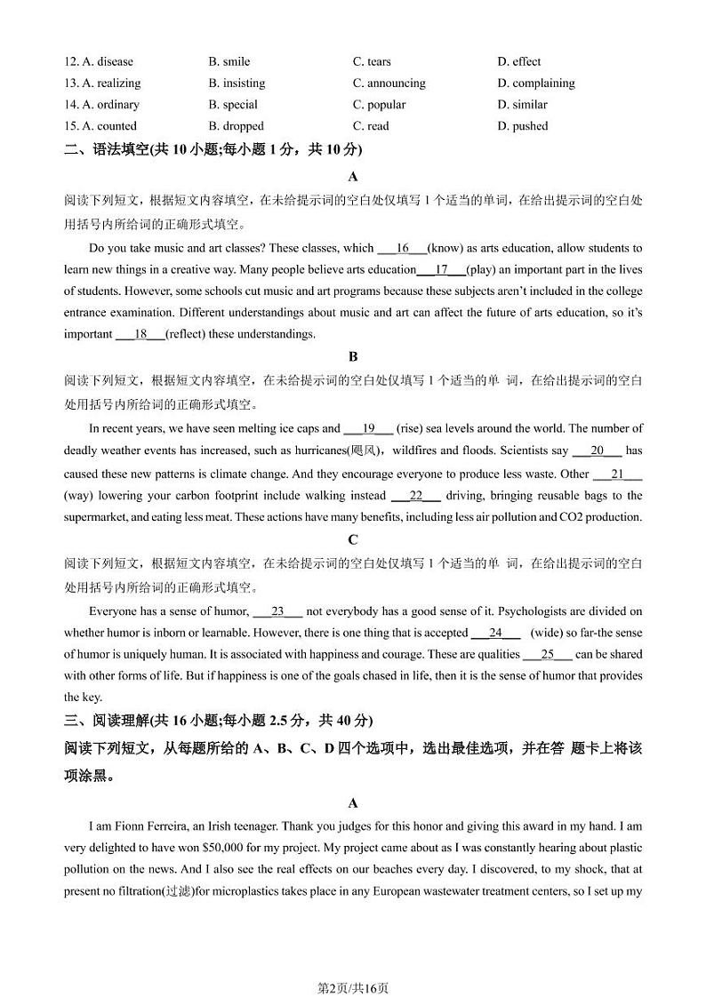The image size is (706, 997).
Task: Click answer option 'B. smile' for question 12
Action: [x=229, y=61]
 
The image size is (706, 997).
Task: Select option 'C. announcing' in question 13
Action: [x=389, y=83]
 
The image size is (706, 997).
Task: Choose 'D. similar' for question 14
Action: [x=522, y=104]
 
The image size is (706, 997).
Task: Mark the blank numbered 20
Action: [x=597, y=451]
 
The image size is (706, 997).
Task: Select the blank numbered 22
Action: [x=415, y=495]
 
